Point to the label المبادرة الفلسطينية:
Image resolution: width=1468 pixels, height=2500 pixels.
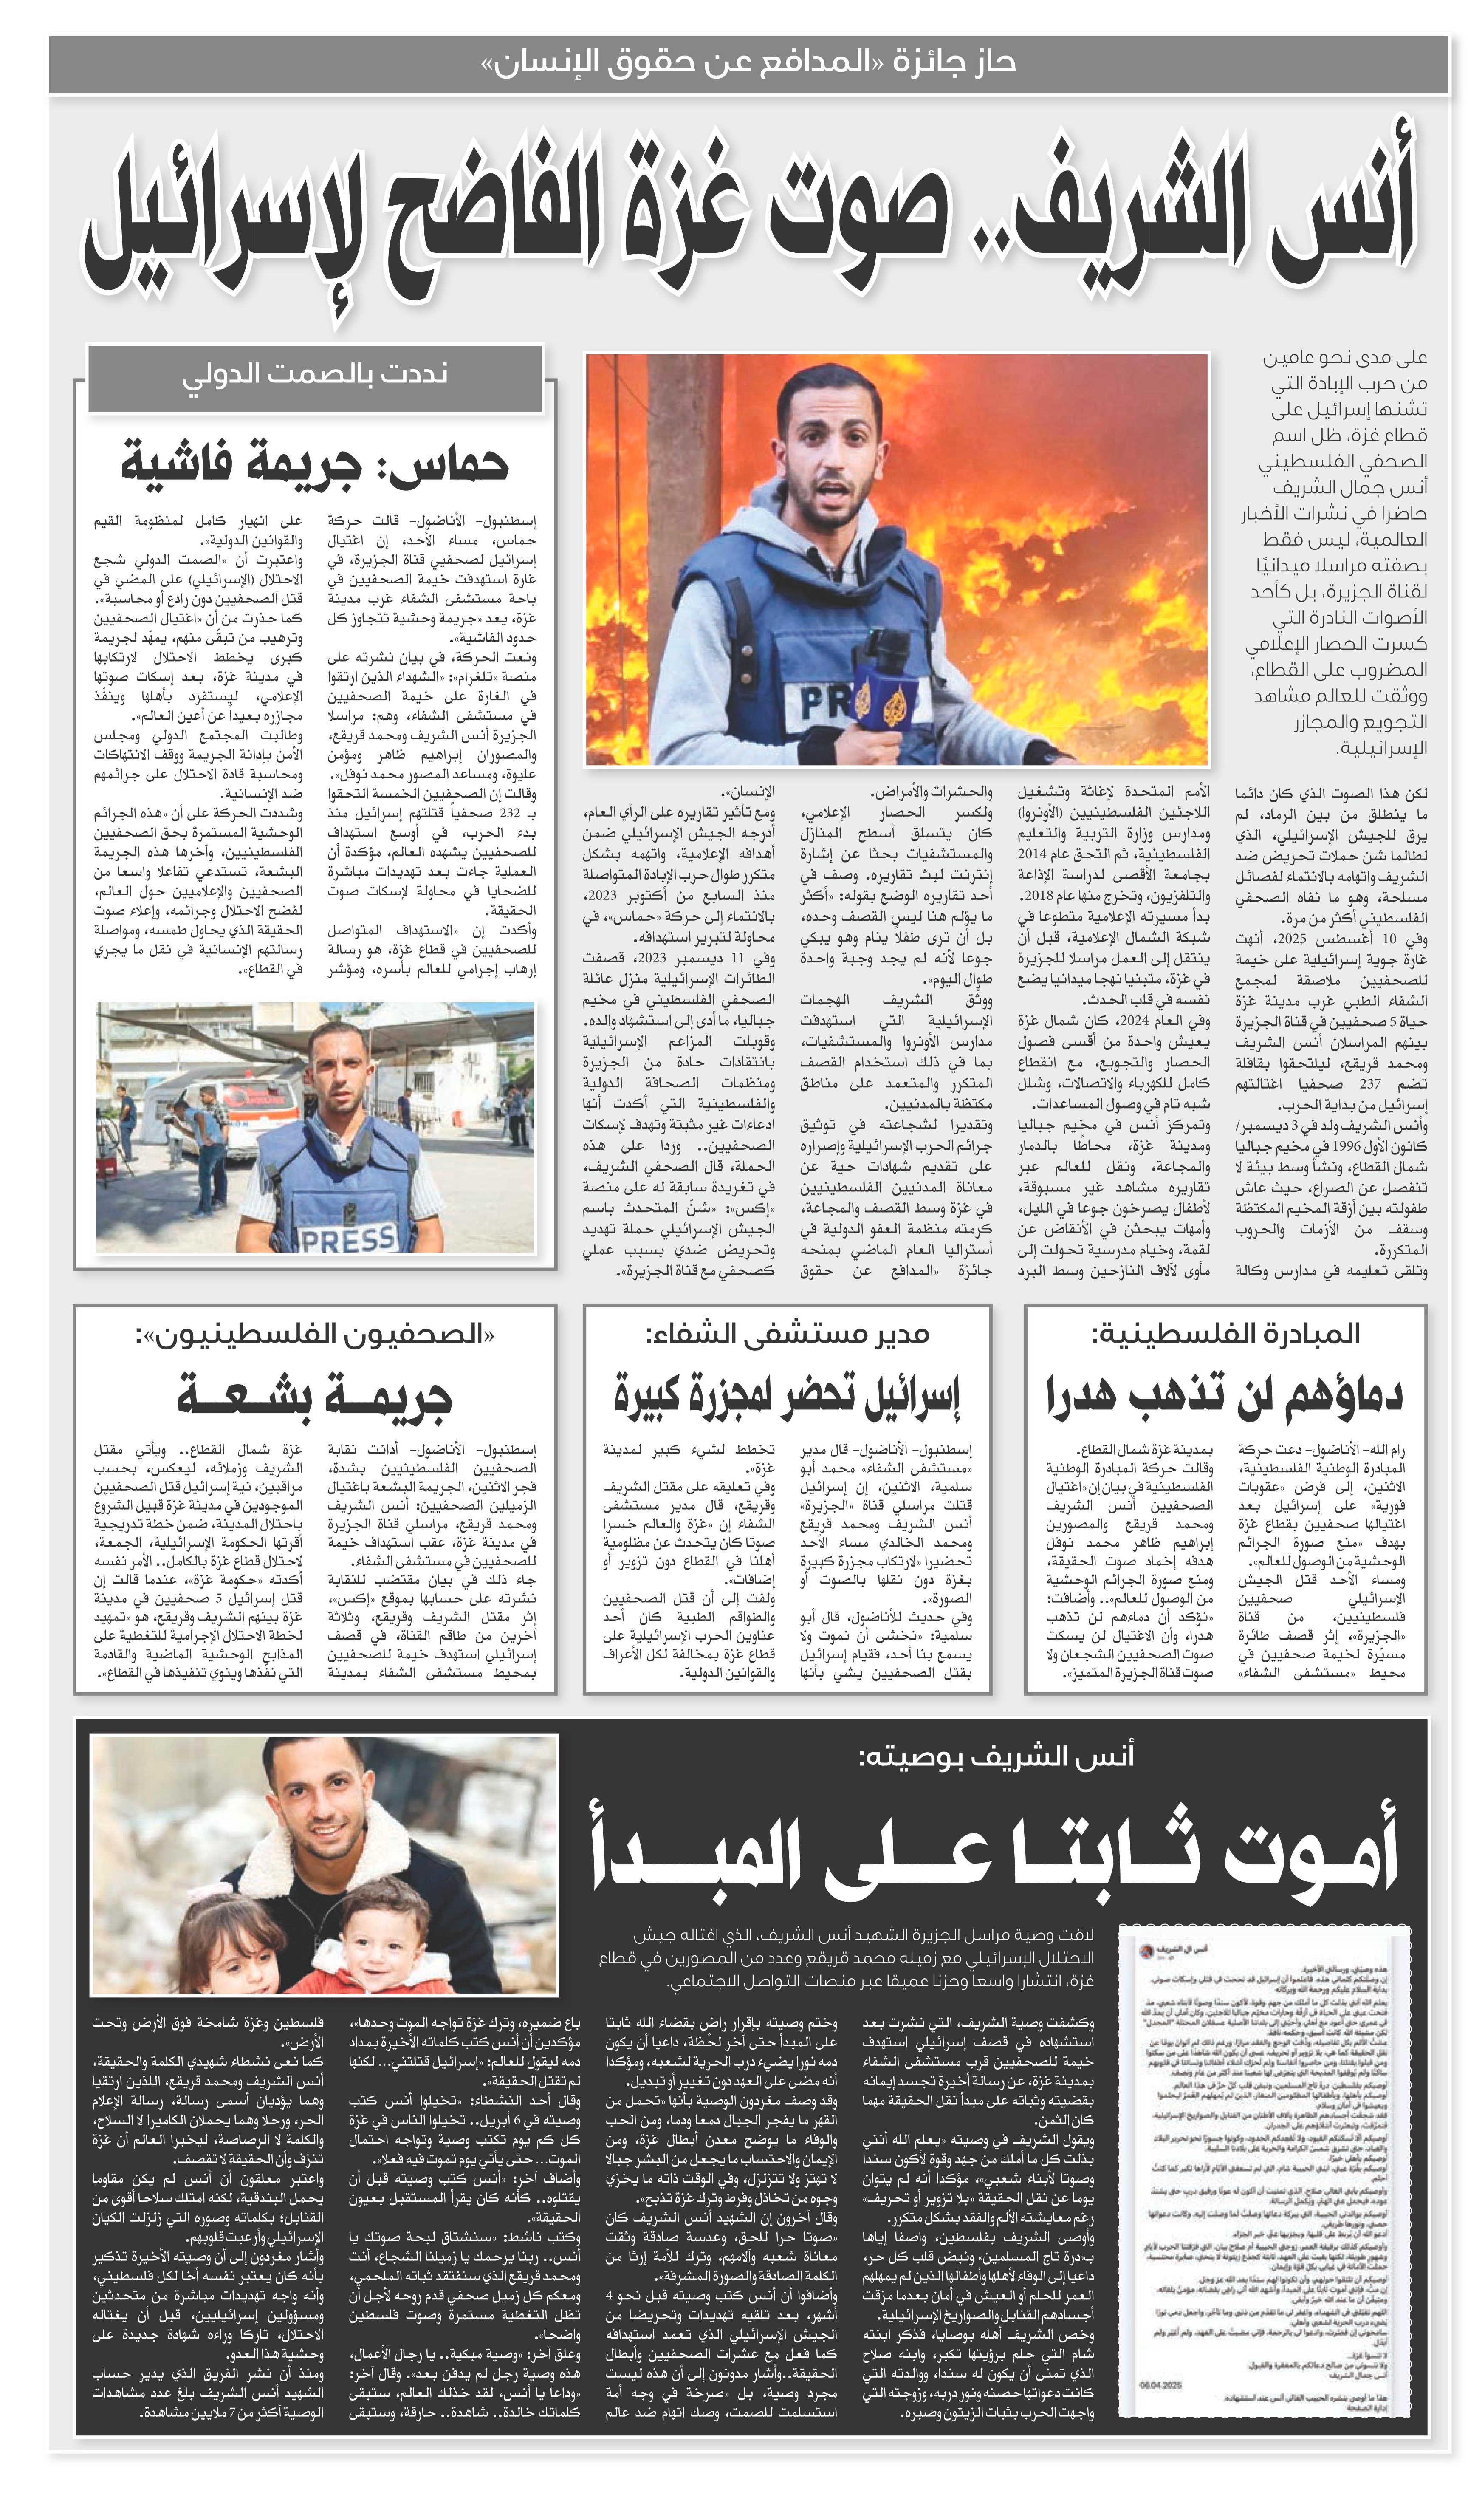click(x=1225, y=1334)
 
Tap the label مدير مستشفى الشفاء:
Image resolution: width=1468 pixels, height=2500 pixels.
click(x=787, y=1334)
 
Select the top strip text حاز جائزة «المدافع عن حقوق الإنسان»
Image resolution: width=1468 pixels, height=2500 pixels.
click(x=749, y=62)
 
